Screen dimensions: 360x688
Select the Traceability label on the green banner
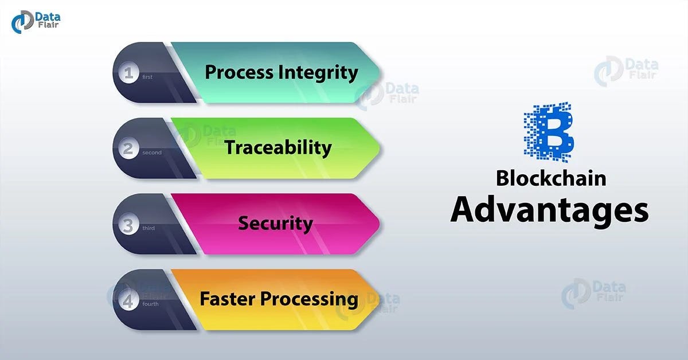point(278,148)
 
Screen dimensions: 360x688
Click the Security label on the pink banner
point(275,223)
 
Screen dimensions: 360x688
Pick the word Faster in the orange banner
point(227,299)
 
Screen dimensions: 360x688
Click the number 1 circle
point(128,73)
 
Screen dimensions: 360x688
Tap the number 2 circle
point(128,148)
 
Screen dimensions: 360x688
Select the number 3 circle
point(128,224)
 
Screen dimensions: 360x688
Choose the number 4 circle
point(128,300)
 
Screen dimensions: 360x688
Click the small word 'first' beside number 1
point(147,77)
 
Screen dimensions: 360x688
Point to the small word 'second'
point(152,153)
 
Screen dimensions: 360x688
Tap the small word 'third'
point(148,229)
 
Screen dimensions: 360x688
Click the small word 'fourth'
point(151,304)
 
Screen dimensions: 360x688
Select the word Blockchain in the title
point(550,178)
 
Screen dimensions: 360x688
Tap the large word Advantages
point(549,210)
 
